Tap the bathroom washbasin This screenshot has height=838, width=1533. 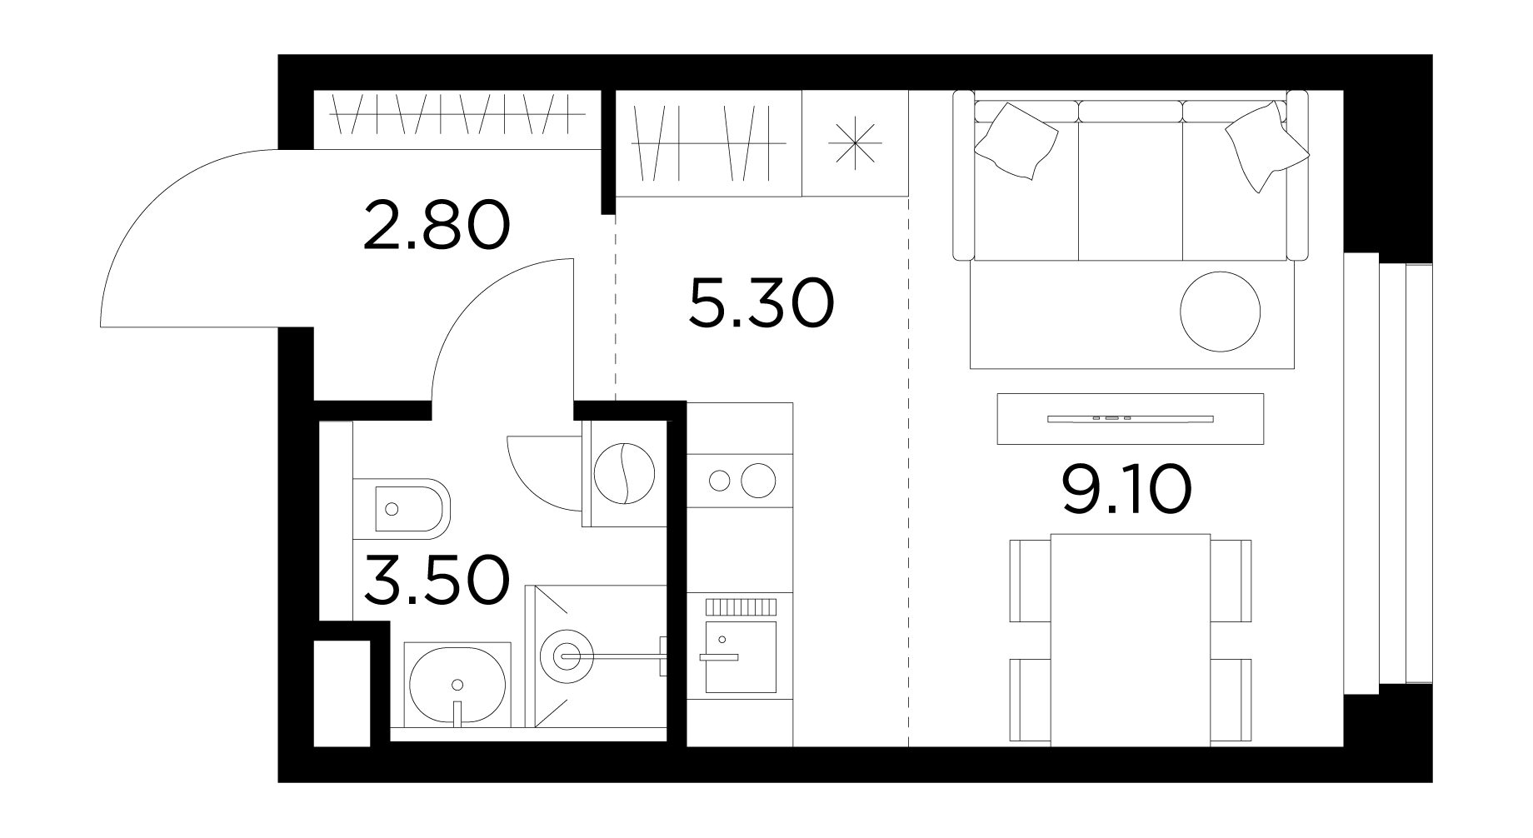coord(457,684)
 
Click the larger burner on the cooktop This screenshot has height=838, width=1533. coord(758,481)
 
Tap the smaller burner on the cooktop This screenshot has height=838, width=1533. coord(718,481)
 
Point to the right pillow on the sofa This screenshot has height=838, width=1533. coord(1266,146)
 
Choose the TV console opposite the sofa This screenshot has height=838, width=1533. coord(1131,418)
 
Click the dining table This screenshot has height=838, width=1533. coord(1131,640)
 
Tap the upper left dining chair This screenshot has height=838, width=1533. coord(1031,581)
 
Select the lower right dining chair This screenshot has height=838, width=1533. coord(1231,700)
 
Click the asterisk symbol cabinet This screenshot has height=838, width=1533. coord(855,143)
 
